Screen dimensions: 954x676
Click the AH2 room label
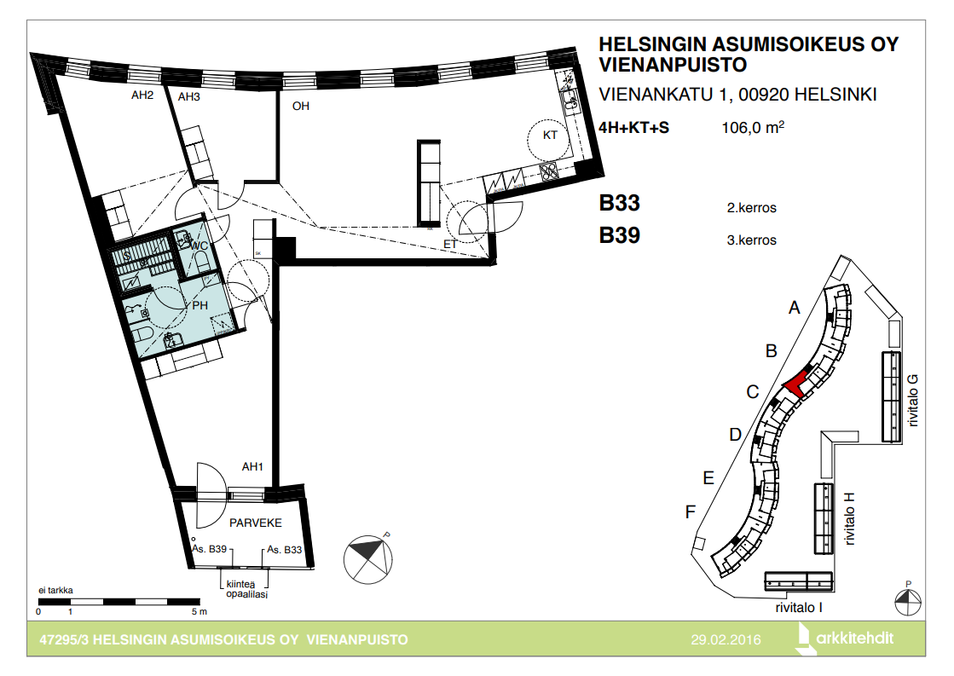coord(142,95)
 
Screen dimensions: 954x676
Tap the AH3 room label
coord(188,96)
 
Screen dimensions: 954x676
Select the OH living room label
coord(301,106)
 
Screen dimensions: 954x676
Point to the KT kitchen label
coord(550,135)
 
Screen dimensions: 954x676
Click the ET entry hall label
coord(450,244)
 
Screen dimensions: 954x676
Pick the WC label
coord(199,246)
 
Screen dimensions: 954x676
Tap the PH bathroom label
coord(200,305)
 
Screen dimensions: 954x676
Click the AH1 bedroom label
coord(252,466)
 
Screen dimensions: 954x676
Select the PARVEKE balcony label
coord(256,523)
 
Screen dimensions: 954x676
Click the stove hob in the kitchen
coord(549,171)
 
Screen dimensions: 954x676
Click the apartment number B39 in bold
coord(619,235)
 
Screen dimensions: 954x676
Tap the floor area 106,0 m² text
coord(753,127)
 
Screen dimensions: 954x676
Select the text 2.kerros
coord(751,207)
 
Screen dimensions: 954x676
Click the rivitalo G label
coord(912,400)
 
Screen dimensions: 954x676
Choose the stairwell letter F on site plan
coord(690,512)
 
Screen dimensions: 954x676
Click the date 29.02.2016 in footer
coord(726,639)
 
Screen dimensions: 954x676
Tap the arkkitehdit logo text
coord(855,638)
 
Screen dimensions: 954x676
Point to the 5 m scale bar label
coord(199,611)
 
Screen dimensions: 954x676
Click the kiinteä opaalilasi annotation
coord(246,589)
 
